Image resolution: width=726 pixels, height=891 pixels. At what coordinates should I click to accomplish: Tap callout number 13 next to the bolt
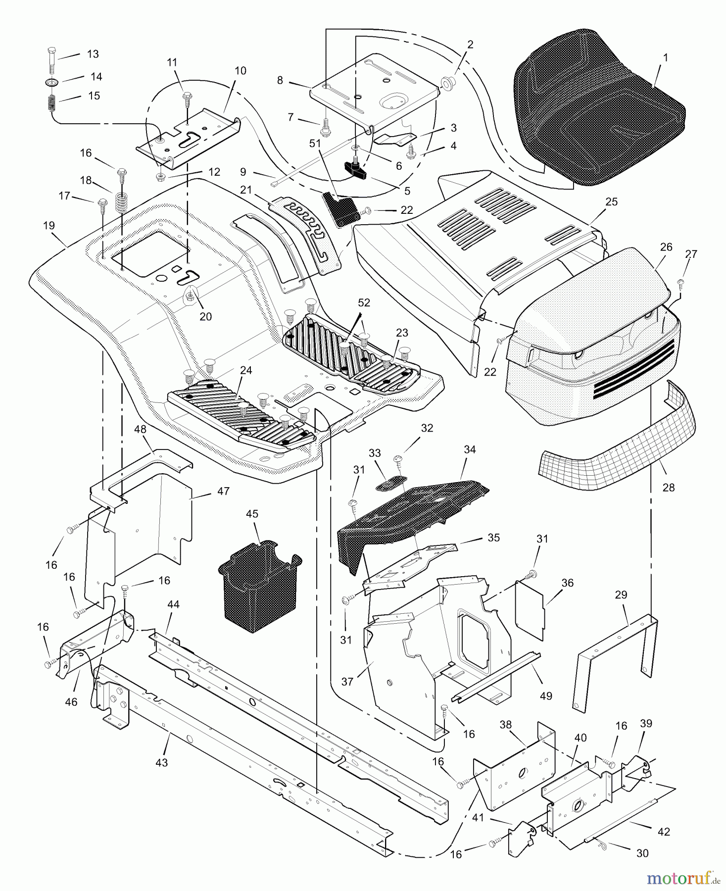click(93, 54)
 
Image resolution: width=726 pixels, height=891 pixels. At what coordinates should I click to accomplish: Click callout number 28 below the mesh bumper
click(668, 488)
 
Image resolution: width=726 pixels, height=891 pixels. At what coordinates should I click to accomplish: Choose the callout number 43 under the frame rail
click(161, 762)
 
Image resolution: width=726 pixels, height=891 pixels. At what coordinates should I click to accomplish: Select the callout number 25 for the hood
click(611, 202)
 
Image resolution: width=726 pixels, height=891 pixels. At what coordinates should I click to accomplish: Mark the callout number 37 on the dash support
click(347, 682)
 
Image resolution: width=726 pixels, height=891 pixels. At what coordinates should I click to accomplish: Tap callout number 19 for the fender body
click(48, 226)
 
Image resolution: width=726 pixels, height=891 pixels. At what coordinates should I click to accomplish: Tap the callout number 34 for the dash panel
click(469, 449)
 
